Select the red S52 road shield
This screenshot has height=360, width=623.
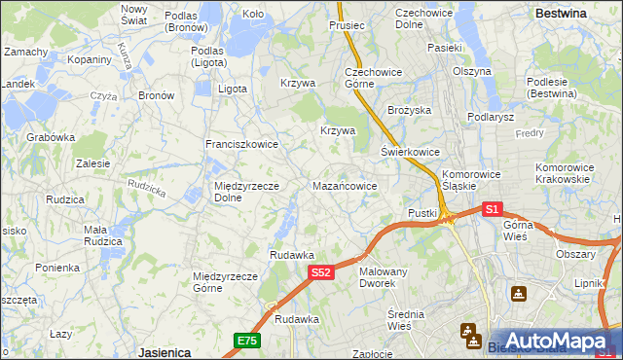tap(323, 274)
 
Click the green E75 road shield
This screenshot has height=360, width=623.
tap(247, 340)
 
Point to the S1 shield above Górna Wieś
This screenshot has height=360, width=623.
tap(492, 209)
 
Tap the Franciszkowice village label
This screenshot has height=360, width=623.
tap(241, 144)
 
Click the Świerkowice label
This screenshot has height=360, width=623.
tap(410, 153)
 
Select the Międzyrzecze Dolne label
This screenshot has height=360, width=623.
tap(246, 192)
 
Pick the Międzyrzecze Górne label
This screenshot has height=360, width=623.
tap(225, 282)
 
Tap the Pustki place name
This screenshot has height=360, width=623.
tap(422, 212)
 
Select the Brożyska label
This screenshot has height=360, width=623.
tap(409, 111)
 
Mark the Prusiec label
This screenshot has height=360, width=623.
tap(347, 25)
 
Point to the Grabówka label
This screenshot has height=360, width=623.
tap(52, 138)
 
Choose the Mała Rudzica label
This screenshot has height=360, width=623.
tap(102, 235)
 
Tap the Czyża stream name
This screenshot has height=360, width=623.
tap(103, 96)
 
